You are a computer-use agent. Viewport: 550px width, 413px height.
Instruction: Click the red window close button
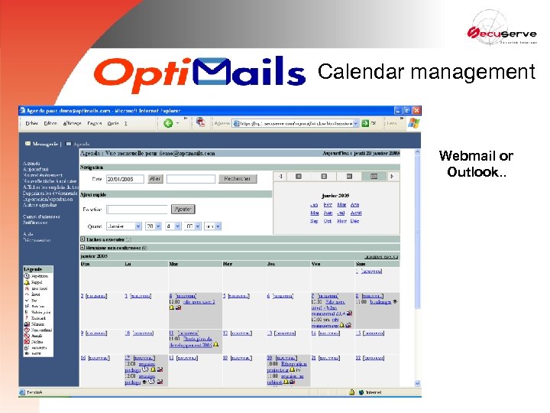click(416, 110)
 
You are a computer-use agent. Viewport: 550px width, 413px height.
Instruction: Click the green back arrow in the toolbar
click(168, 123)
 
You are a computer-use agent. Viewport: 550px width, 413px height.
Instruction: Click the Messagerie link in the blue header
click(44, 143)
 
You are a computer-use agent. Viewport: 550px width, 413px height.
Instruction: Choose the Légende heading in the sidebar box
click(33, 269)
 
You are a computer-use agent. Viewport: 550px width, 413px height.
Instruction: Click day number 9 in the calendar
click(82, 333)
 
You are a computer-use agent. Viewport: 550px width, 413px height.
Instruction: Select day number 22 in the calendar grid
click(358, 358)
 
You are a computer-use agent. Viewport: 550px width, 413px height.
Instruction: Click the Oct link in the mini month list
click(328, 221)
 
